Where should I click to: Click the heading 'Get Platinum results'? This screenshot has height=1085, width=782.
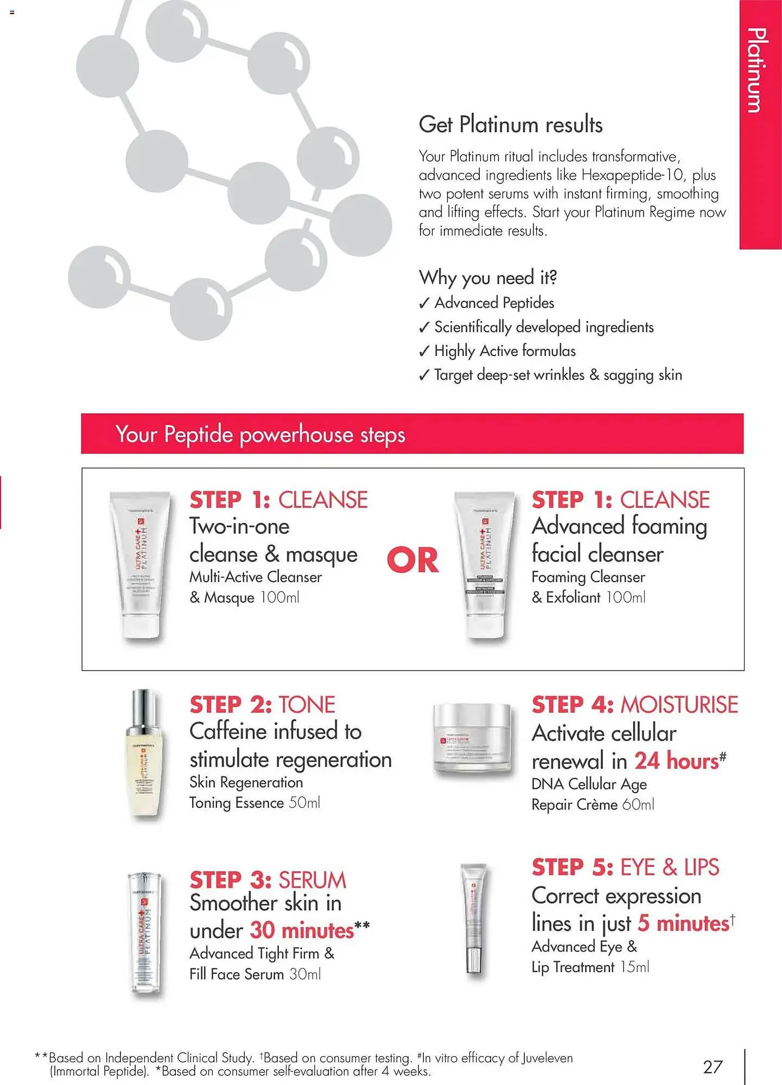(510, 125)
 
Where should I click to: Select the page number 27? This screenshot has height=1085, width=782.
(713, 1067)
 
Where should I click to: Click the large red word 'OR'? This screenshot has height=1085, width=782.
(412, 560)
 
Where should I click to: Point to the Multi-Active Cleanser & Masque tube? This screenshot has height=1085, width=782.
(140, 564)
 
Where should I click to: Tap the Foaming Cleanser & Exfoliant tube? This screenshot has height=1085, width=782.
(484, 564)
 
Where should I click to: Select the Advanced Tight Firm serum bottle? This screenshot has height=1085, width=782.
(144, 933)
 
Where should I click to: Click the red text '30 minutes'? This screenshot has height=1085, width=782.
(302, 931)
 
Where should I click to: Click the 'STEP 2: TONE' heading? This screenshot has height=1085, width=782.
(262, 705)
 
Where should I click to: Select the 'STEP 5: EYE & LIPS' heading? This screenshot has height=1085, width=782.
(625, 867)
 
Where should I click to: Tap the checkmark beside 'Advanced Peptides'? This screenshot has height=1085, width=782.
(424, 303)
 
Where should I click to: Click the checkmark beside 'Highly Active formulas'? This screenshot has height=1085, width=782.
(424, 352)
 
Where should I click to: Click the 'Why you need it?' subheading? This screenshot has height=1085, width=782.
(487, 278)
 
